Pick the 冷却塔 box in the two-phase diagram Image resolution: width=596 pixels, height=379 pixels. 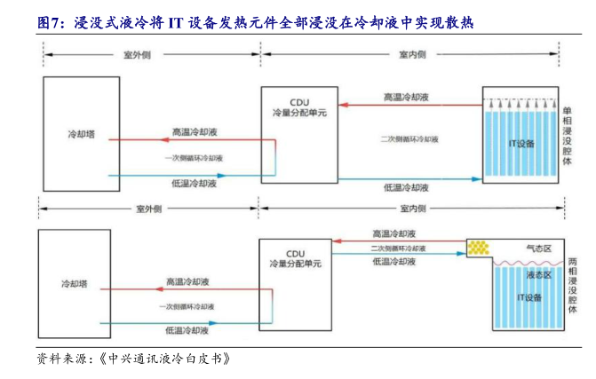coord(75,284)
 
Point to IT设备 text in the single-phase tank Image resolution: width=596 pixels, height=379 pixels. coord(521,143)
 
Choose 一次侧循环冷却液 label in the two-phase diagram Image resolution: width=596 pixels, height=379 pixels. coord(185,306)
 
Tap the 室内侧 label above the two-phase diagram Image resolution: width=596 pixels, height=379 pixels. coord(413,209)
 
